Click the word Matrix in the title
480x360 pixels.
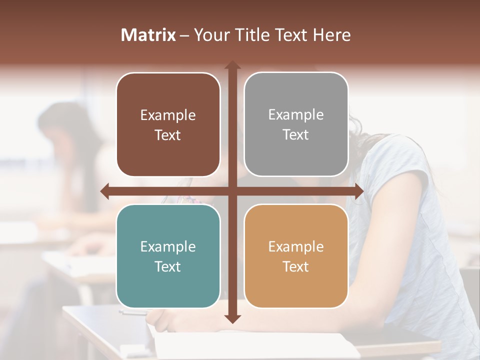click(148, 35)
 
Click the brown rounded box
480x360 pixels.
click(168, 125)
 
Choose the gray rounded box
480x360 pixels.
click(296, 125)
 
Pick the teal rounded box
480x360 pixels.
click(168, 256)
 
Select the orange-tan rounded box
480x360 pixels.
click(296, 256)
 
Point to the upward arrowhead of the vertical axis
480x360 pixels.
click(232, 65)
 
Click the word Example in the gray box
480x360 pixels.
click(296, 115)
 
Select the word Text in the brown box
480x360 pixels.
click(168, 135)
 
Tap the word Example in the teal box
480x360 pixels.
click(168, 246)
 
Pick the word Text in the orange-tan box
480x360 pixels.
click(296, 266)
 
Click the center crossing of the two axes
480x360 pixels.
click(232, 191)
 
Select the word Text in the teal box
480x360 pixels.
click(168, 266)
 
